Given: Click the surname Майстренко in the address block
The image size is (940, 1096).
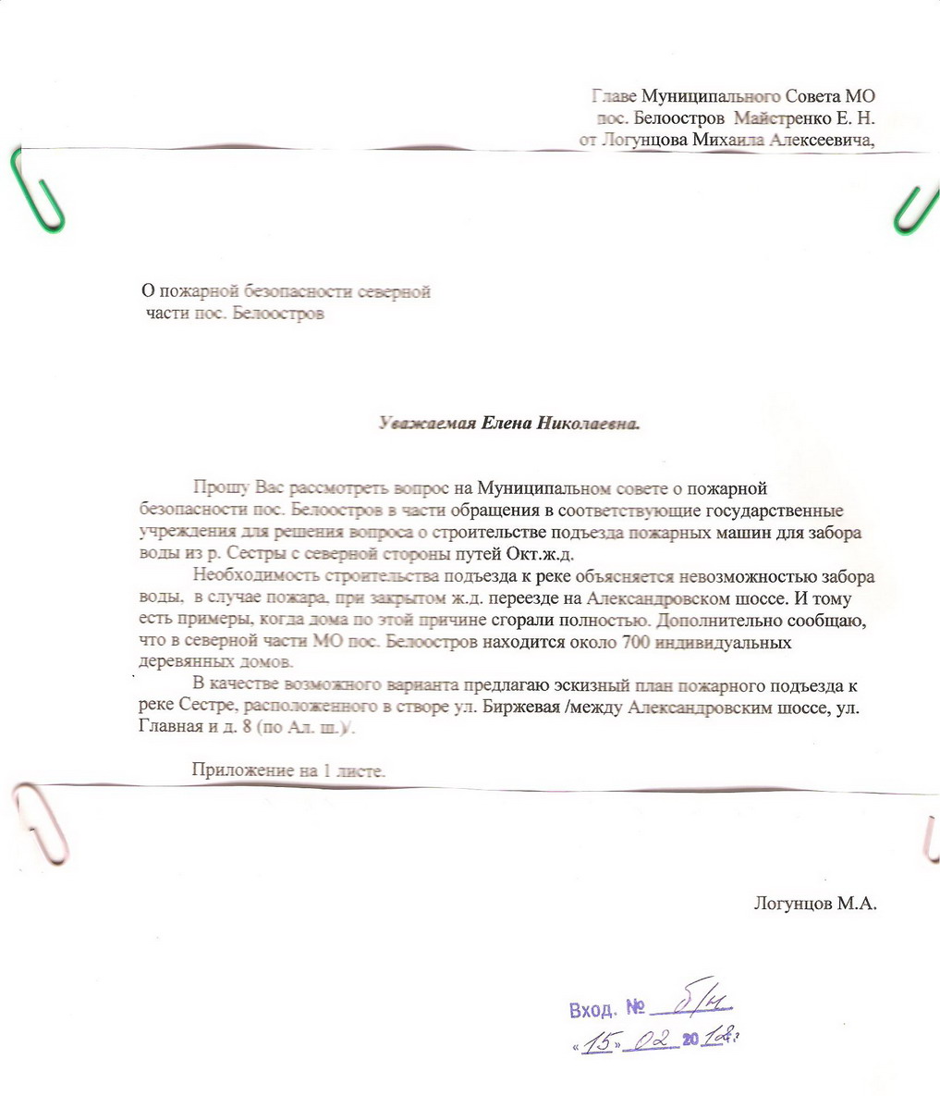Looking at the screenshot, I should point(782,118).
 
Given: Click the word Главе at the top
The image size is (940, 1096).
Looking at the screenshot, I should point(614,95).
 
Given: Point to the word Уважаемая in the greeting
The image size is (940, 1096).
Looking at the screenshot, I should point(426,425).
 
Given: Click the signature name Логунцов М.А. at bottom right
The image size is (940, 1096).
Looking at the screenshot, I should point(814,903).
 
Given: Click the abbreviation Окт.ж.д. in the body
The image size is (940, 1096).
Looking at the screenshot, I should point(540,554).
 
